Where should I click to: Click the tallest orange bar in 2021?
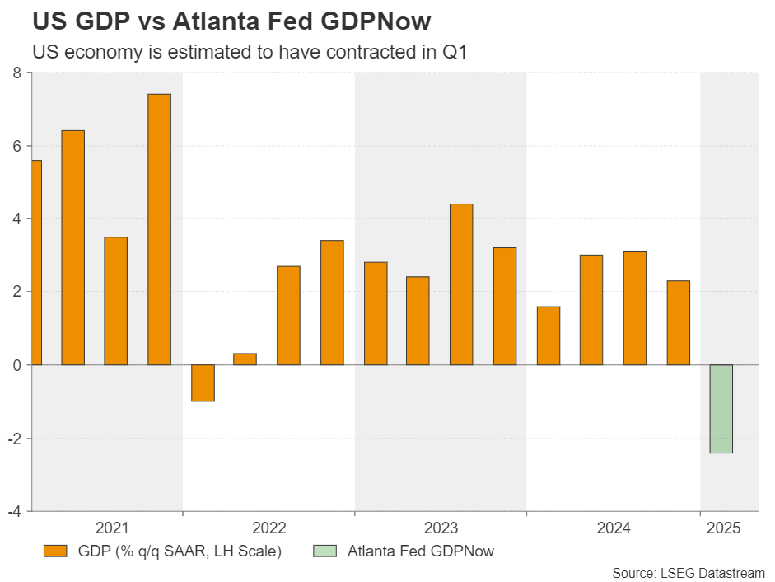(159, 229)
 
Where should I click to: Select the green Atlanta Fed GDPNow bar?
(721, 409)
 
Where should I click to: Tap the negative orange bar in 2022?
(203, 383)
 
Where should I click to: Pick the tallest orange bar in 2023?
(461, 284)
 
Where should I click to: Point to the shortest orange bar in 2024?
(548, 336)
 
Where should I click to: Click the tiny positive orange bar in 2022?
(245, 359)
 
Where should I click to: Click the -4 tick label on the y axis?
(14, 511)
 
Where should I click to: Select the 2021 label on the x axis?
(112, 528)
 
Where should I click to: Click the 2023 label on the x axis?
(441, 528)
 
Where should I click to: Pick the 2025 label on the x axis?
(723, 528)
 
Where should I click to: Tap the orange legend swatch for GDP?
(56, 551)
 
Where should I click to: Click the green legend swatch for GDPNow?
(325, 551)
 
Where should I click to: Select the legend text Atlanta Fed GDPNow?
(420, 551)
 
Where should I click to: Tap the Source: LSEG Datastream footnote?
(689, 572)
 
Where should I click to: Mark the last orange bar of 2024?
(678, 322)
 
